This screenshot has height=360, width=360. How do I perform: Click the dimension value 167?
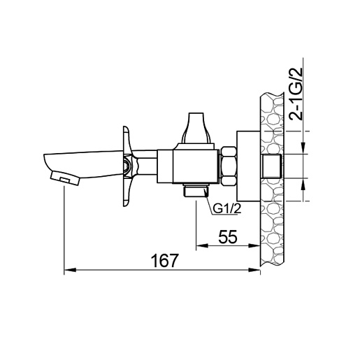click(x=164, y=261)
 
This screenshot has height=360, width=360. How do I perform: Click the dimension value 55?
click(x=228, y=237)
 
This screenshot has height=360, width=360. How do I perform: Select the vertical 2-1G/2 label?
click(x=296, y=94)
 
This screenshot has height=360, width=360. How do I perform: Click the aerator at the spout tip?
click(x=65, y=178)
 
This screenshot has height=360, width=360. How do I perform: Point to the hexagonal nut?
click(x=229, y=166)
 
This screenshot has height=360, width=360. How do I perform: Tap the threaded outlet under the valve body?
click(x=196, y=190)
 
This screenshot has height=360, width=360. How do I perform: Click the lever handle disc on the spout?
click(x=127, y=166)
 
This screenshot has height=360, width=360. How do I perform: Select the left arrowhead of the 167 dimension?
click(x=70, y=270)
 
